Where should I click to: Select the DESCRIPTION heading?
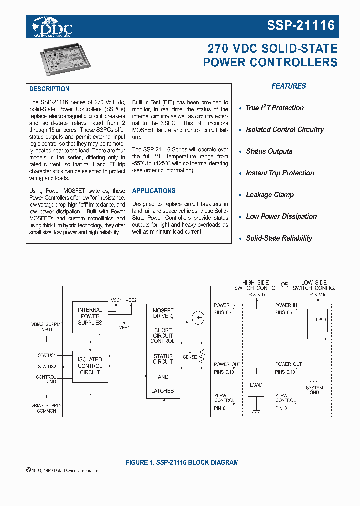(x=49, y=89)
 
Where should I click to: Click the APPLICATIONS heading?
(x=154, y=191)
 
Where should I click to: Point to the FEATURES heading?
(x=289, y=86)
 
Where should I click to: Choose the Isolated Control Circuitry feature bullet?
(x=285, y=130)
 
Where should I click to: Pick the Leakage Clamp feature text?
(x=270, y=195)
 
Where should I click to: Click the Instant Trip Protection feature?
(x=280, y=173)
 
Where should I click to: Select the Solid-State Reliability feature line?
(x=279, y=238)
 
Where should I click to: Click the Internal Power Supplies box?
(x=90, y=316)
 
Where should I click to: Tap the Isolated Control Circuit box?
(x=90, y=366)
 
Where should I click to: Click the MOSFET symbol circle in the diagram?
(x=198, y=317)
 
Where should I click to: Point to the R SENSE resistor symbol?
(x=202, y=355)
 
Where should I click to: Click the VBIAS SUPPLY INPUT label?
(x=46, y=327)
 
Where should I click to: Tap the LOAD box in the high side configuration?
(x=256, y=385)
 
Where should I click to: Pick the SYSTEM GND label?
(x=314, y=390)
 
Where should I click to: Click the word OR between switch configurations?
(x=284, y=285)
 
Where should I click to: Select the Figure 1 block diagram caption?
(x=182, y=462)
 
